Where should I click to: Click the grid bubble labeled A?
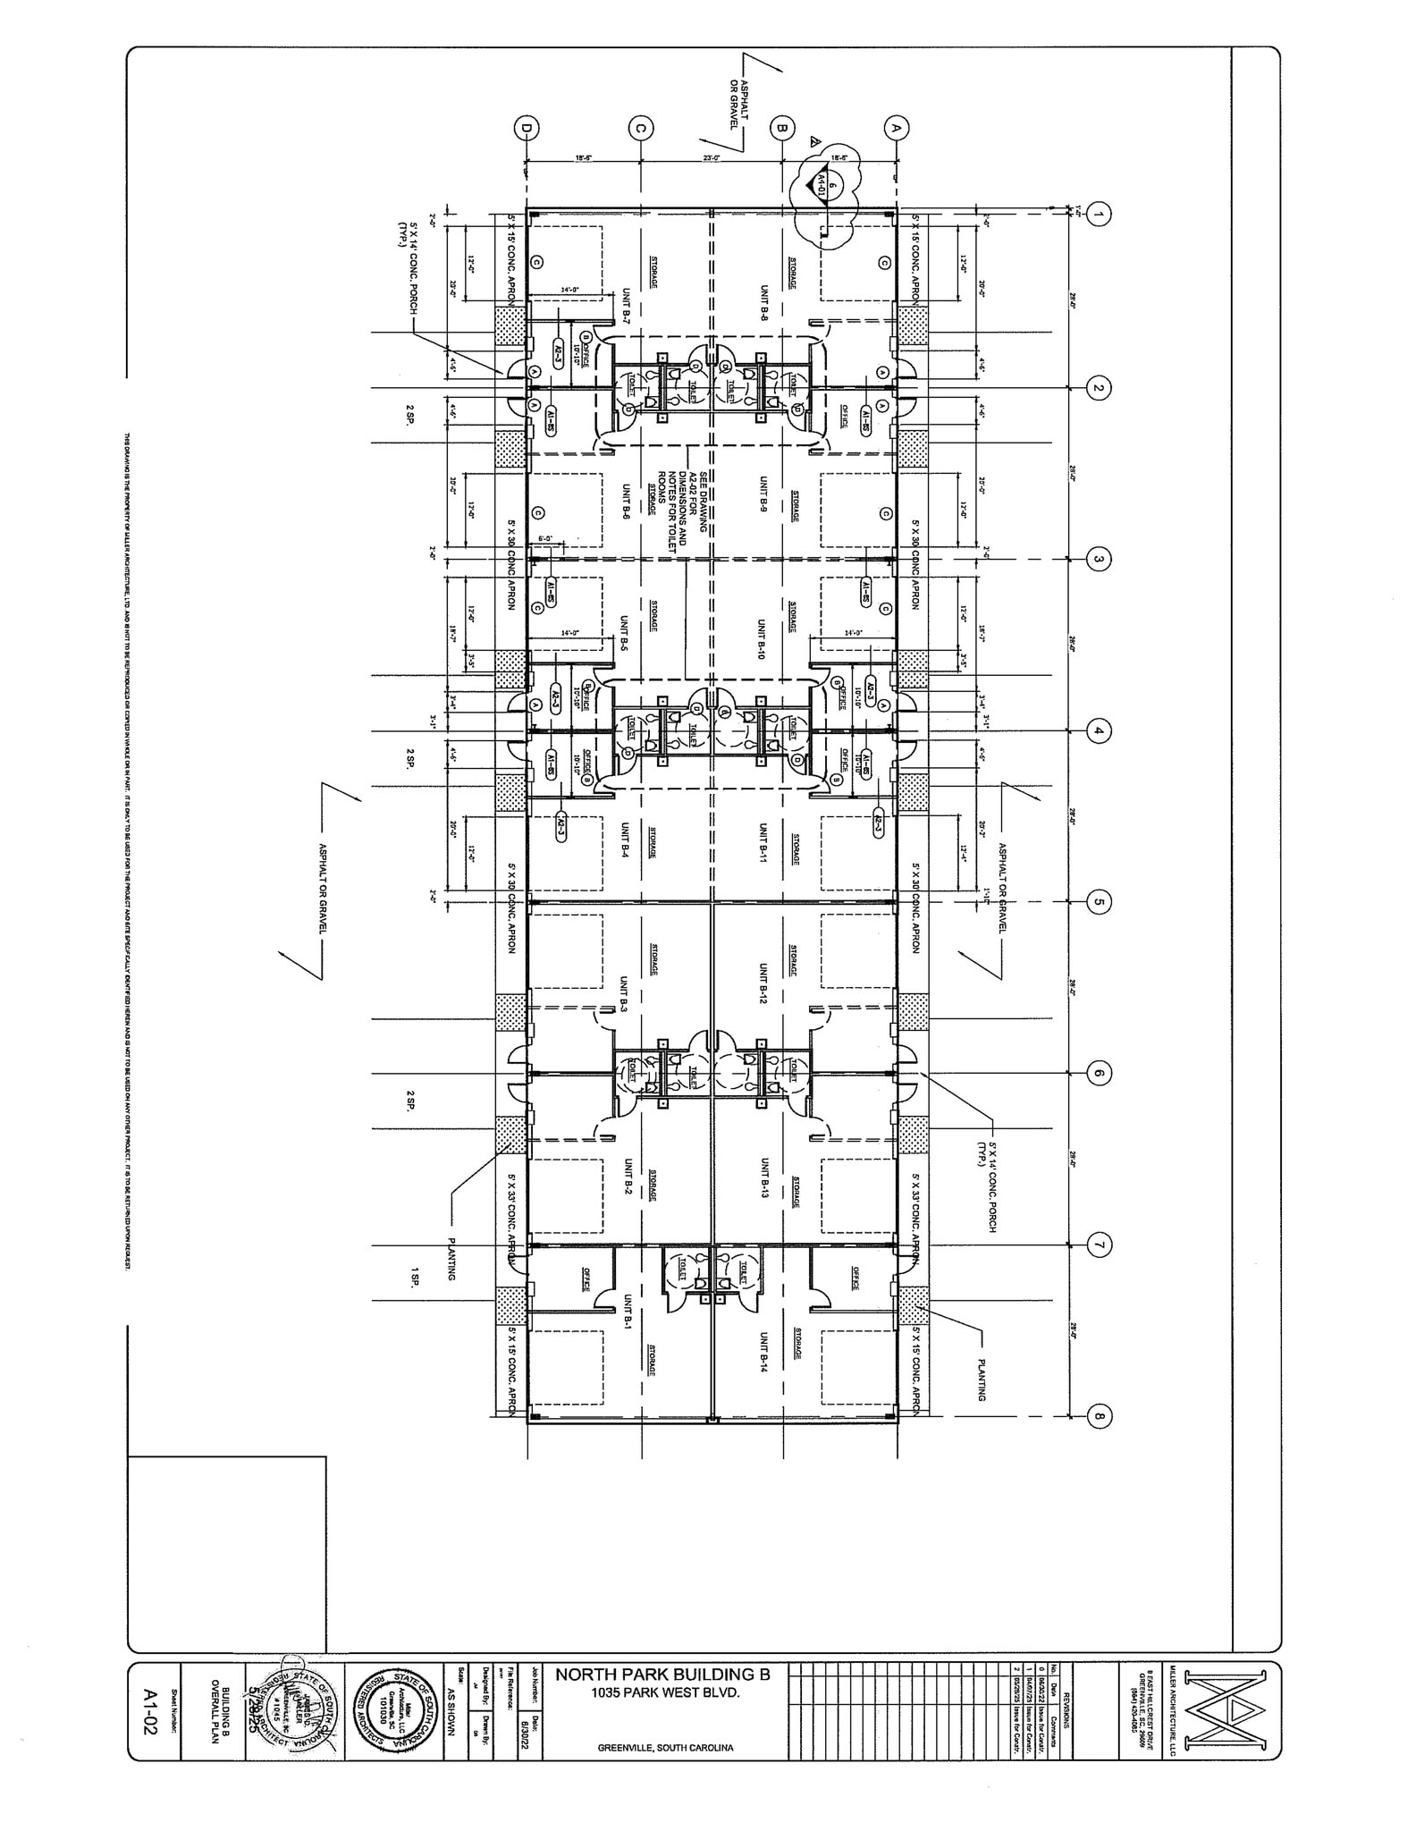point(897,128)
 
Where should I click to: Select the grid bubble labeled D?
point(527,128)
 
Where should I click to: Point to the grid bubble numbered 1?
point(1100,215)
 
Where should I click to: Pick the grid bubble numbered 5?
point(1100,902)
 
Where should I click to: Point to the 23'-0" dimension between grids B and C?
point(711,158)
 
